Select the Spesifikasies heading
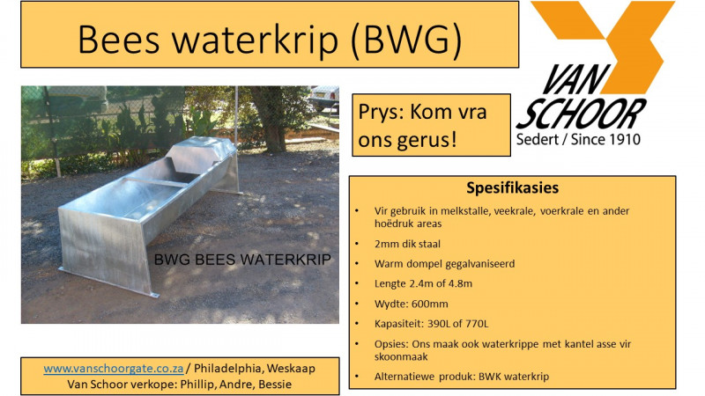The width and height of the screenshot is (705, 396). point(512,188)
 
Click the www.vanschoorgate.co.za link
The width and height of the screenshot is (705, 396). point(114,369)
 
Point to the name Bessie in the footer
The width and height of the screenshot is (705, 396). point(272,384)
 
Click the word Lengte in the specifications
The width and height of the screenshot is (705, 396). point(382,282)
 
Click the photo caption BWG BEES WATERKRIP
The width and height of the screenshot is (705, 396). point(242,260)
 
